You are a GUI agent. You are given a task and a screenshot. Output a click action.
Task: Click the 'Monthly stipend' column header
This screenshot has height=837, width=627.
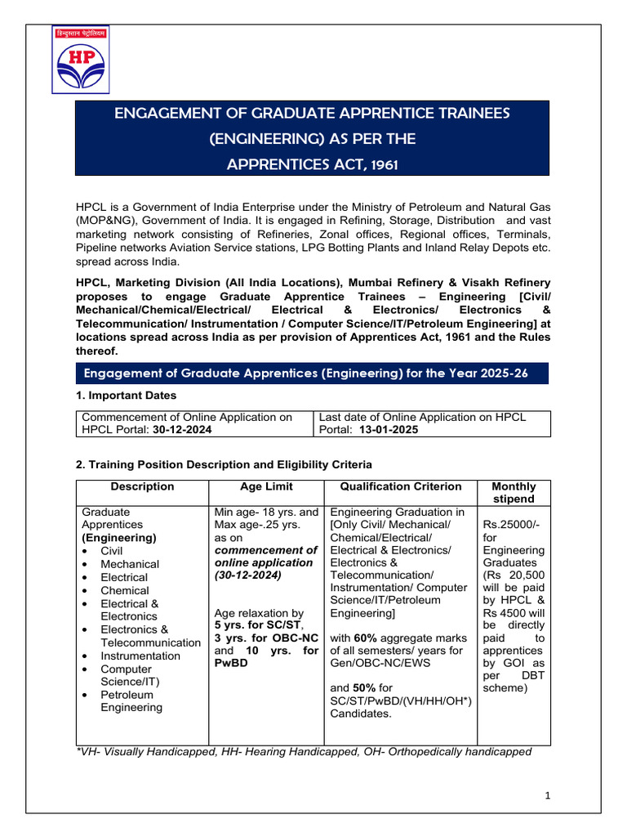point(514,492)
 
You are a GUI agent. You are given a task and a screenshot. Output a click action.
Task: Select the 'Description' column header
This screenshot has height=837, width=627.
point(143,486)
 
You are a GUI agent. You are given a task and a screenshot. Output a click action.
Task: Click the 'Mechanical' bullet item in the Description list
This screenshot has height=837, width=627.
point(130,564)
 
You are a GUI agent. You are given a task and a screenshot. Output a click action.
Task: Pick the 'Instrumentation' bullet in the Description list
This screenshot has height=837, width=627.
point(140,656)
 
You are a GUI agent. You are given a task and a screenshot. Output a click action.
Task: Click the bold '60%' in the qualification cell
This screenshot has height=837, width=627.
point(365,638)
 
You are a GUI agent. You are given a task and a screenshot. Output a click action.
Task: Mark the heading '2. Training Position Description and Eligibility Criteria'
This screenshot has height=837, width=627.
point(224,464)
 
